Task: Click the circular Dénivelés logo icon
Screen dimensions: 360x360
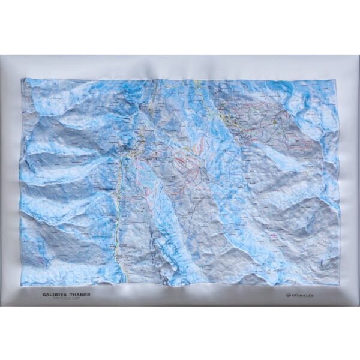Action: [288, 295]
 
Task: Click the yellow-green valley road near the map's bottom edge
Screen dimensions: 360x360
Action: [125, 273]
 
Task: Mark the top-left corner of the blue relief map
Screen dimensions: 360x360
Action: [22, 79]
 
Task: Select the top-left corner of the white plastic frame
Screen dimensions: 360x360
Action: [2, 56]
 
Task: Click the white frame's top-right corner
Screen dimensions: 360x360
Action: [358, 56]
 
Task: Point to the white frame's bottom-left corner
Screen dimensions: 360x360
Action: [2, 305]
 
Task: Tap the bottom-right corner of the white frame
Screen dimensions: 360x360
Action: [358, 305]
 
